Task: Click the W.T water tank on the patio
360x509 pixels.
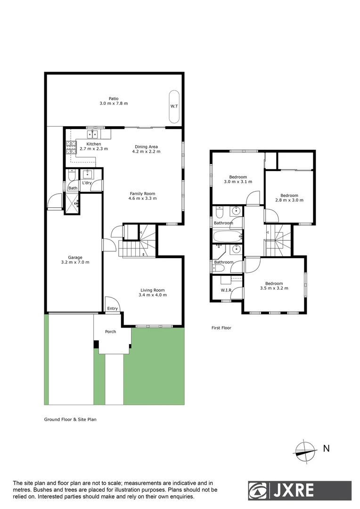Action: click(x=174, y=106)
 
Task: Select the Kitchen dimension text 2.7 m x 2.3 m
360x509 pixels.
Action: click(x=94, y=149)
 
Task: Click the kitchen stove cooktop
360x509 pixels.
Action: click(x=71, y=148)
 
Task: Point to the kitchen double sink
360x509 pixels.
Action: click(x=91, y=133)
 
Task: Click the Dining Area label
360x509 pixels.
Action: click(x=146, y=146)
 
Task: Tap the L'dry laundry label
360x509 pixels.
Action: click(x=87, y=183)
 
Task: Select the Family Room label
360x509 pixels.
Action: click(x=143, y=193)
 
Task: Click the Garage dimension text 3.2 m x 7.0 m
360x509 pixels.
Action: click(x=75, y=263)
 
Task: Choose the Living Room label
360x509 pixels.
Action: click(x=152, y=290)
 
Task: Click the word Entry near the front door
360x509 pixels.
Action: click(x=112, y=309)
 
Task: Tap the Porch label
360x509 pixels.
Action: click(x=110, y=332)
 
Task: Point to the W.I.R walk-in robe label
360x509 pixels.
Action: click(x=226, y=290)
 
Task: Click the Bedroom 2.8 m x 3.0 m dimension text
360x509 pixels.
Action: click(x=289, y=200)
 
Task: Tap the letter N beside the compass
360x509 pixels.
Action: click(x=326, y=449)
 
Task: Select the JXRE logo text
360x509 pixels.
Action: click(x=292, y=490)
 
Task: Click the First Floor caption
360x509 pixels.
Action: click(x=221, y=328)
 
